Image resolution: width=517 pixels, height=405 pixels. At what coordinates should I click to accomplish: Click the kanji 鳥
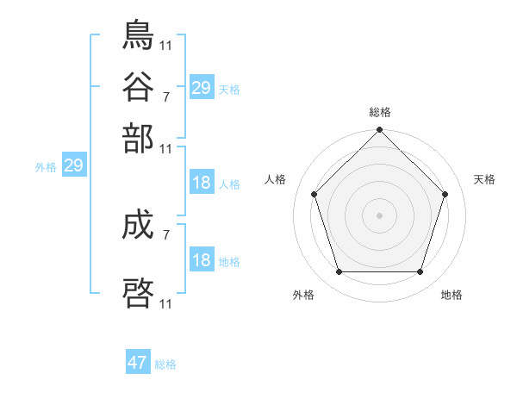click(x=139, y=34)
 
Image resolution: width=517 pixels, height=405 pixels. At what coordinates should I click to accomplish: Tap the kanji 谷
click(x=139, y=86)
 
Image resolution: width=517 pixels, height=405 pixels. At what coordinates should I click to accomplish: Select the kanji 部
click(x=139, y=138)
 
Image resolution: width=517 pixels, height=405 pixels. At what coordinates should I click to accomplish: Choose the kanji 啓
click(x=139, y=290)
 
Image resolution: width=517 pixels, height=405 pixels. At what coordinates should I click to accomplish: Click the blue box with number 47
click(x=138, y=363)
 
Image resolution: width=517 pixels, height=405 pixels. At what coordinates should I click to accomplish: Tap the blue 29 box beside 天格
click(x=201, y=88)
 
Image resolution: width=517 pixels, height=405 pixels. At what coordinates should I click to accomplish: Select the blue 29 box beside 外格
click(x=73, y=166)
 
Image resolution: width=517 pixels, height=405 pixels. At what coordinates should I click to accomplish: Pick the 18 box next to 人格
click(x=201, y=183)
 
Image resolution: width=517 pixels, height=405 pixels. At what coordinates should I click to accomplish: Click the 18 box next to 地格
click(x=201, y=260)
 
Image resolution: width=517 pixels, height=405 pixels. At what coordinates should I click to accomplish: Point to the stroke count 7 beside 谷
click(x=165, y=95)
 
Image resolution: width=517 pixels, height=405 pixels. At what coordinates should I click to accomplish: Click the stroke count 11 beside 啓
click(x=166, y=304)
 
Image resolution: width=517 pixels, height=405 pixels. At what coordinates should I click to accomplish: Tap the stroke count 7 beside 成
click(x=165, y=234)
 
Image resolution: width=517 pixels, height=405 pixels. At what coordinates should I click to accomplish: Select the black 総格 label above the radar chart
click(x=380, y=112)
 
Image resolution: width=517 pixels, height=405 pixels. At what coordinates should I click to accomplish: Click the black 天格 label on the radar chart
click(x=484, y=179)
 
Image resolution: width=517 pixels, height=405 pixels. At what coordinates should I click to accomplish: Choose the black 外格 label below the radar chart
click(x=303, y=295)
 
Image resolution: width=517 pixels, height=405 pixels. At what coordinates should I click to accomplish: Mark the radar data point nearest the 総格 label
click(x=379, y=131)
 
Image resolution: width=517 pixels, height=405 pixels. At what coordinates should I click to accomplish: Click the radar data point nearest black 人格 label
click(x=315, y=194)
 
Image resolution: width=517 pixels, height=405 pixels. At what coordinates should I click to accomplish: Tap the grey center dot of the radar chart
click(x=379, y=215)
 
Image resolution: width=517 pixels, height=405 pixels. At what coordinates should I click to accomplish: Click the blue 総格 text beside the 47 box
click(x=165, y=364)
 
